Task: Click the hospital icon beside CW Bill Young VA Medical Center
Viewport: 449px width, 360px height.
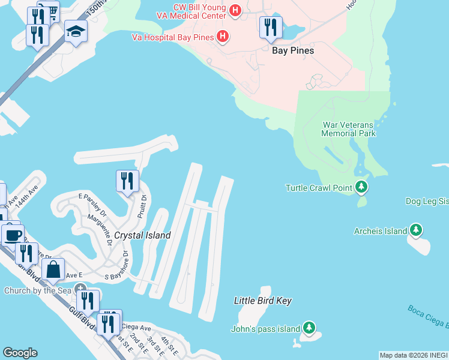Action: point(235,10)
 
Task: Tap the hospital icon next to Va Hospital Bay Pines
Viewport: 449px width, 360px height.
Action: point(223,37)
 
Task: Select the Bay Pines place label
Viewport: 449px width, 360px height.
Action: point(293,51)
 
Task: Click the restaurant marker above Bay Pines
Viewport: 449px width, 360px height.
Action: point(270,28)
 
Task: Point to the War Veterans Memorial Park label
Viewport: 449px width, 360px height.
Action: point(349,129)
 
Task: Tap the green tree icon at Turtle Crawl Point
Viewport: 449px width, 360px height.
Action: point(361,188)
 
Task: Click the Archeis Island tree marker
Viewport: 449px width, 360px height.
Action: point(416,230)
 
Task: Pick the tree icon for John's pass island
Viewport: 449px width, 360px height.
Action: point(309,328)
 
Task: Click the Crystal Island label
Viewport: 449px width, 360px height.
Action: point(143,236)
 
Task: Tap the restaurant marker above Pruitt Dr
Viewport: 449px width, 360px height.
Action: point(127,181)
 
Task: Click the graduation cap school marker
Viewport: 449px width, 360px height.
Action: point(76,31)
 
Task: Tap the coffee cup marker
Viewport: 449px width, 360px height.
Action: point(13,233)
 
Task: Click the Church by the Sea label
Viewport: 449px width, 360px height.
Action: point(38,291)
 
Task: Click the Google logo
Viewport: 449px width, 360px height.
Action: point(20,353)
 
